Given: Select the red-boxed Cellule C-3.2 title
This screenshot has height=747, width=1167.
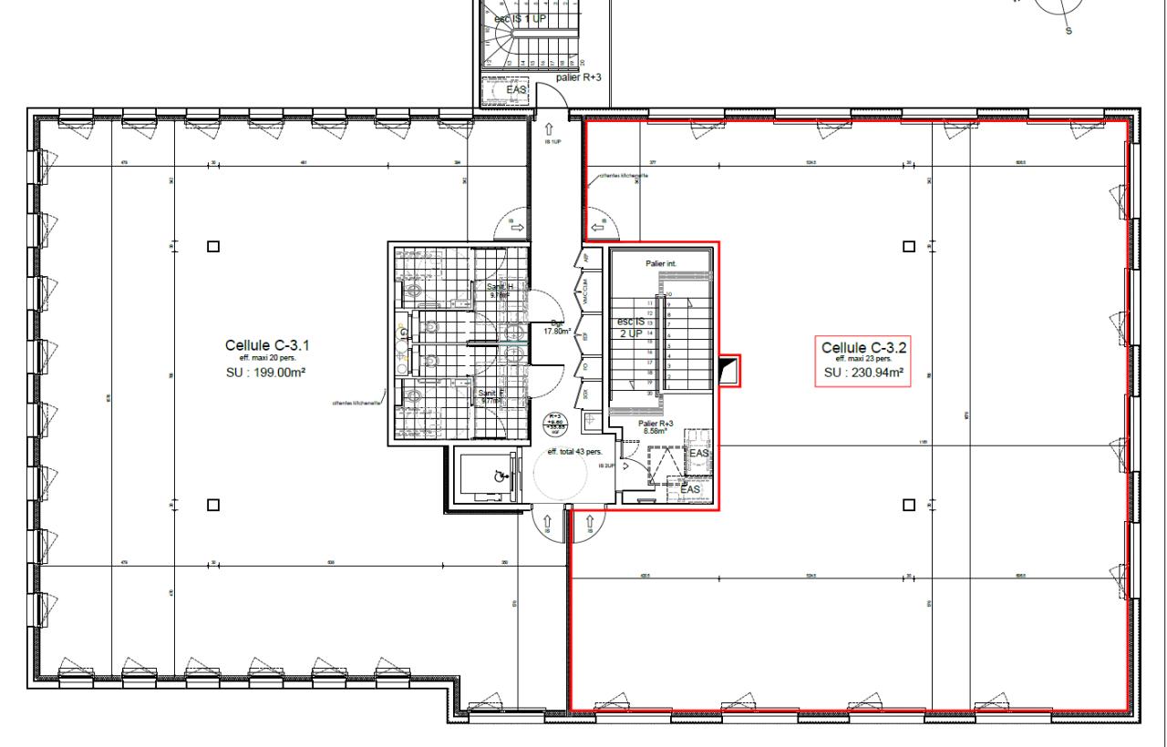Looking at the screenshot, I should click(862, 347).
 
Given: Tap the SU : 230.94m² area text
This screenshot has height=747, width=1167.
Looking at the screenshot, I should click(862, 373).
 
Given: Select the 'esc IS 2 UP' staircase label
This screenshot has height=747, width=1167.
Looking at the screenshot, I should click(631, 327).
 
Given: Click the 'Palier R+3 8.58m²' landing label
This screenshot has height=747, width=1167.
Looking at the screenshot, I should click(656, 428).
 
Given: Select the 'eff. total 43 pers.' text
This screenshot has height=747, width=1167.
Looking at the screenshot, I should click(573, 452).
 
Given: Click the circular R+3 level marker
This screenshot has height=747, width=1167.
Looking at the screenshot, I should click(554, 424).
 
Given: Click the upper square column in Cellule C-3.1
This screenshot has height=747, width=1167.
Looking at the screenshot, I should click(212, 246).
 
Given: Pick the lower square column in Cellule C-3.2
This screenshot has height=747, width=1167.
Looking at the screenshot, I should click(908, 504).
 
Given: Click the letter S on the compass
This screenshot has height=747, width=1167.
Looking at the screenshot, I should click(1069, 31).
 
